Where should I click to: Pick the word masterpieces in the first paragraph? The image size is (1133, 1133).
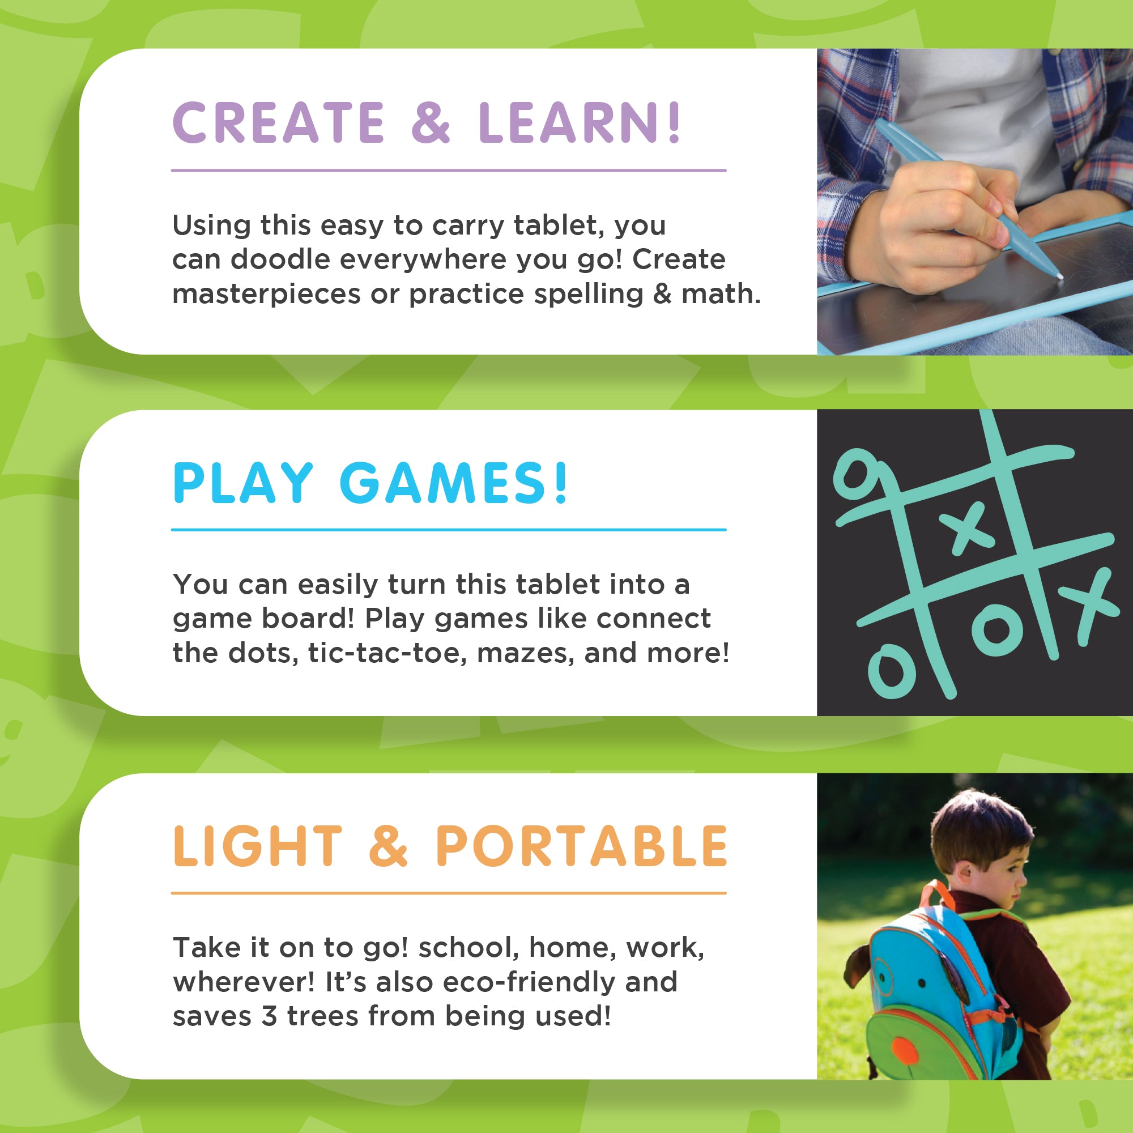pos(266,295)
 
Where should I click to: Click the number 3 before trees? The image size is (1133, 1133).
pos(269,1016)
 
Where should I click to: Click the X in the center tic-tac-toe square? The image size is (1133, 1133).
pos(967,526)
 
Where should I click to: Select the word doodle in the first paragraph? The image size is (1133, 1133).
pos(280,259)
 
